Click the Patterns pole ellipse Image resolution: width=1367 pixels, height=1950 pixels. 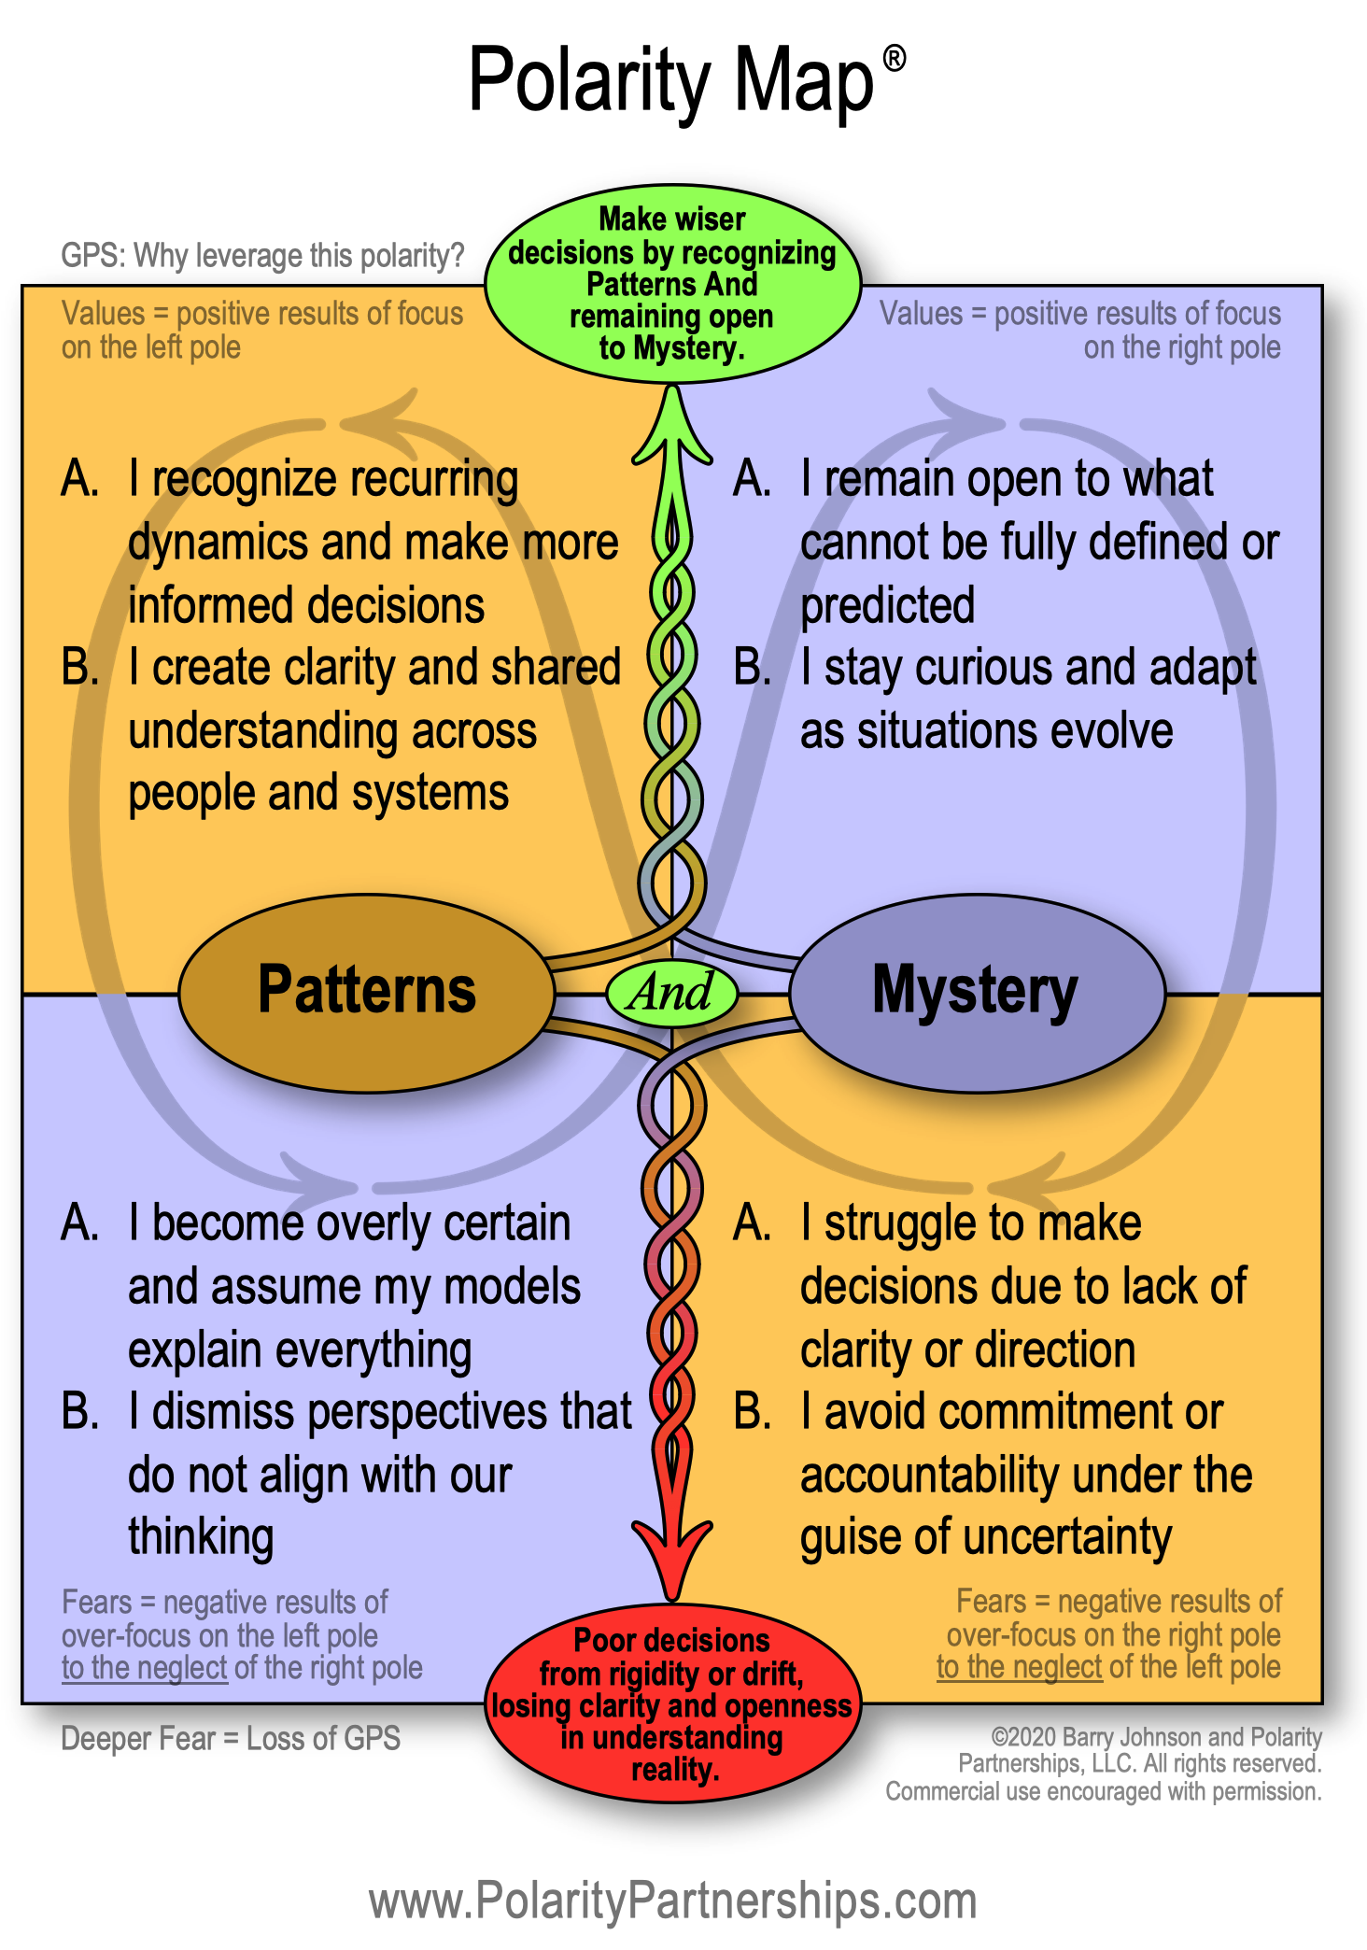[x=366, y=992]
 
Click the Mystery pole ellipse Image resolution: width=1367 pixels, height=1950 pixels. [x=977, y=992]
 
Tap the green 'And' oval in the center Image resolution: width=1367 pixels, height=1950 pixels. [x=671, y=992]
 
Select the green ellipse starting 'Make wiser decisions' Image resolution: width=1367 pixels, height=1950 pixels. [x=671, y=284]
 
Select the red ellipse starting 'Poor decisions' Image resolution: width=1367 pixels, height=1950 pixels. [x=671, y=1703]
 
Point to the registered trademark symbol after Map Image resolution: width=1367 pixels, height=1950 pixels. [x=894, y=60]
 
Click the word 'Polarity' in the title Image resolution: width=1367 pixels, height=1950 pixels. [x=590, y=82]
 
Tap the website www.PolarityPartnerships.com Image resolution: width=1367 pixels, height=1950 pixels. [x=672, y=1901]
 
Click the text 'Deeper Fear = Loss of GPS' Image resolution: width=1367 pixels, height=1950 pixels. [x=231, y=1738]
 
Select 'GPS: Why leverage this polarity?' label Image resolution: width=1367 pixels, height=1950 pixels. [x=262, y=255]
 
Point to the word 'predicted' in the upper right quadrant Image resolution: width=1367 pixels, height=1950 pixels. [x=887, y=606]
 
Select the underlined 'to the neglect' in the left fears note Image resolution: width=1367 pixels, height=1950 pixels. [x=144, y=1667]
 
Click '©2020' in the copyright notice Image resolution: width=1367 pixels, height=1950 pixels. [x=1023, y=1736]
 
